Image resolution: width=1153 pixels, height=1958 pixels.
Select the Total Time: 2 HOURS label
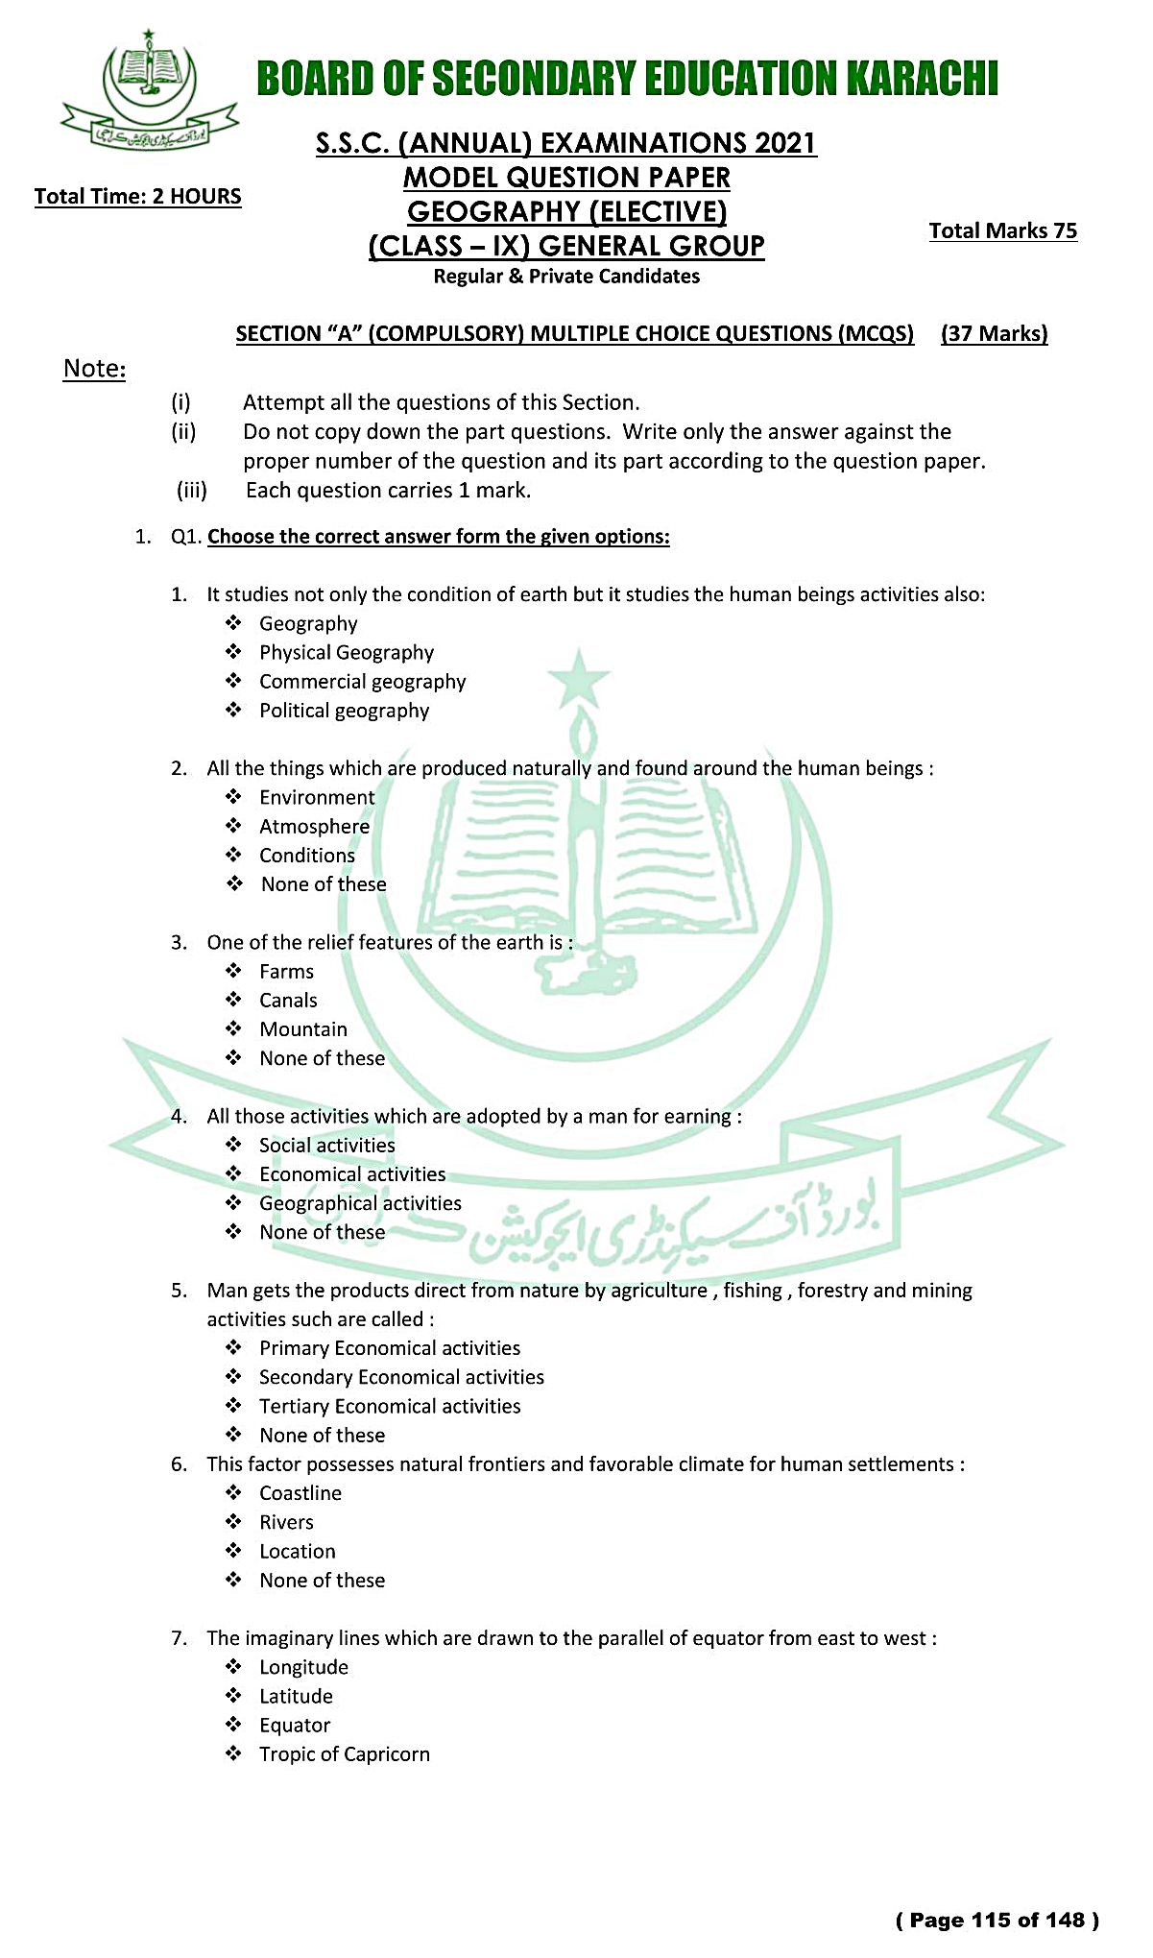coord(137,196)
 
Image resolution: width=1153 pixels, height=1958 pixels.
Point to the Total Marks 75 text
coord(1002,230)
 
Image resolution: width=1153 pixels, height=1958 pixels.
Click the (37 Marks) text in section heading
coord(994,333)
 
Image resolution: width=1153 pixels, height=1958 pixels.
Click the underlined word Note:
coord(94,368)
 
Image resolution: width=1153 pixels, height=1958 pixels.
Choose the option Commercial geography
coord(362,682)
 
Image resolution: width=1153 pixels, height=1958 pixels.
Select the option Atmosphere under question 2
coord(314,827)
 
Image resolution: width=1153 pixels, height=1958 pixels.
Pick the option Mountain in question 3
coord(303,1029)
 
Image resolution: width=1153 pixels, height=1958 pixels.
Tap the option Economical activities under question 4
coord(352,1174)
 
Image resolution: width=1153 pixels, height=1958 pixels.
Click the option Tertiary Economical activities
coord(390,1407)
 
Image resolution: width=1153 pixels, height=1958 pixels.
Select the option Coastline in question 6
coord(300,1493)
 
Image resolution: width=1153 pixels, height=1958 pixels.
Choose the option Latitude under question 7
coord(296,1697)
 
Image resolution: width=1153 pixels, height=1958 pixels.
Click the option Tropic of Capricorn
coord(344,1754)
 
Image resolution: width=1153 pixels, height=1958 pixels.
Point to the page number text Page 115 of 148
coord(997,1920)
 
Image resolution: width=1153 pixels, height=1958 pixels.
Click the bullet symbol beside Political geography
coord(233,711)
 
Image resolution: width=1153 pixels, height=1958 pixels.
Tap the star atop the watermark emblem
coord(578,678)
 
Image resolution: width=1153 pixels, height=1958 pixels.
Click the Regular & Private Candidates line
coord(566,277)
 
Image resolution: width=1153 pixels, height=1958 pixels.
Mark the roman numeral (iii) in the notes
coord(191,491)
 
